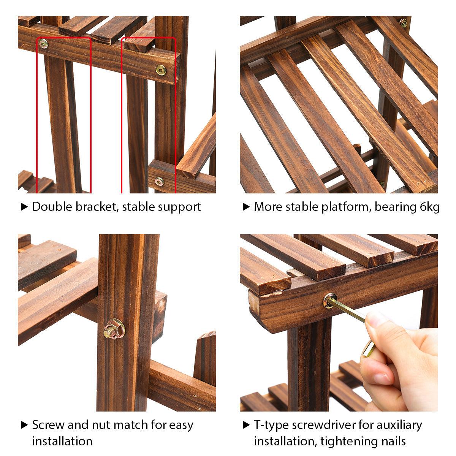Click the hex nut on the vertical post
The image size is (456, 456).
[x=114, y=329]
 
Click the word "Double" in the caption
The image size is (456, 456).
[x=52, y=207]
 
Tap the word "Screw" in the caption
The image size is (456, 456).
[x=48, y=425]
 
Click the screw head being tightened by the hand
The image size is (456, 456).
[x=330, y=301]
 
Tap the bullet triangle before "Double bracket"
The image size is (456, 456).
[x=24, y=207]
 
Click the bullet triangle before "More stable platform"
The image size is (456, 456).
[x=246, y=207]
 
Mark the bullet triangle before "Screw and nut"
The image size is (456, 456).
[x=24, y=425]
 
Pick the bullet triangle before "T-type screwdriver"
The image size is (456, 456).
[x=246, y=425]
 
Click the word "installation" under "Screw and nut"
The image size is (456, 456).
[x=62, y=441]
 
